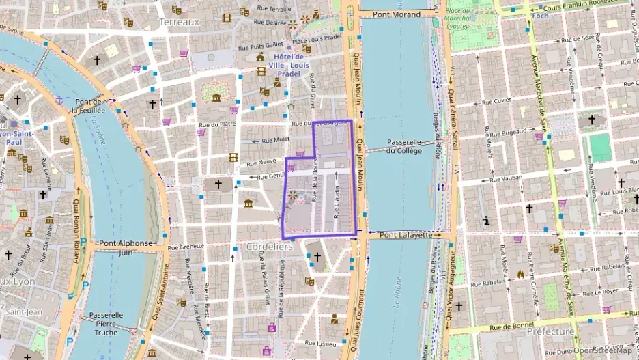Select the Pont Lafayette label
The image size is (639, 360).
406,234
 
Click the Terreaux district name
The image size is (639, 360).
179,21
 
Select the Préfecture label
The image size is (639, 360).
550,331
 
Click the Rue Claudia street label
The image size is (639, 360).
336,203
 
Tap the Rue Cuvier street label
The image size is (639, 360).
496,100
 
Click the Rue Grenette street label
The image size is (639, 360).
186,246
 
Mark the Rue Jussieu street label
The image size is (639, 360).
320,342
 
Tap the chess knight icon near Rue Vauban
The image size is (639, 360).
487,220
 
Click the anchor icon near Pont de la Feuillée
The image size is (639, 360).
59,100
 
